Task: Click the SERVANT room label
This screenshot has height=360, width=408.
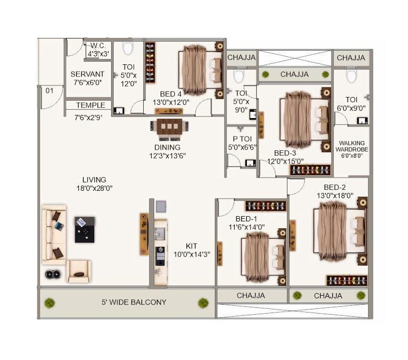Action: click(x=87, y=74)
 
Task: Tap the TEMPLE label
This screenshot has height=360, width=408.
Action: click(x=87, y=105)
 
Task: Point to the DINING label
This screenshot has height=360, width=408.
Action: click(x=167, y=147)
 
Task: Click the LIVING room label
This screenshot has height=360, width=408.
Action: click(x=94, y=179)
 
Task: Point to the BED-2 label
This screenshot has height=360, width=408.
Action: click(x=334, y=187)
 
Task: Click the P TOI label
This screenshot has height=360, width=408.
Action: click(x=237, y=140)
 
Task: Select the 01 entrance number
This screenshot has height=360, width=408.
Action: click(x=50, y=91)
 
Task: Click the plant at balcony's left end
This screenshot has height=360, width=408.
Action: click(x=49, y=303)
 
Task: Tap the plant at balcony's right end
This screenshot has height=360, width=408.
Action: click(x=203, y=303)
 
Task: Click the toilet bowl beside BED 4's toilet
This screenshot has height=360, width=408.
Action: click(x=128, y=49)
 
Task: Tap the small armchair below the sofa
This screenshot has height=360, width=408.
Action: click(x=78, y=270)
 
